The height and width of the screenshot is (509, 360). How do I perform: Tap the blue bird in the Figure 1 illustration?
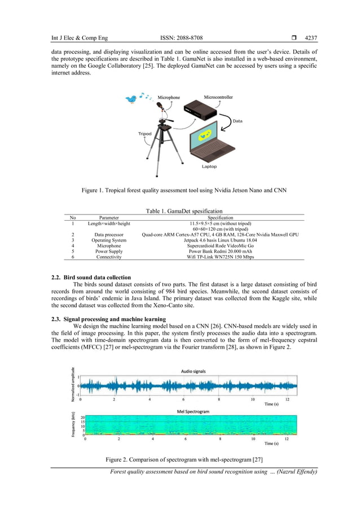click(x=131, y=99)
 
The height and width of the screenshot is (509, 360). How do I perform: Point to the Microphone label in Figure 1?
click(x=168, y=98)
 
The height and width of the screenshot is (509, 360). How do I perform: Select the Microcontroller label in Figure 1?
click(x=218, y=98)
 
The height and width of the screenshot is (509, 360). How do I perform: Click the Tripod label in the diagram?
click(x=145, y=134)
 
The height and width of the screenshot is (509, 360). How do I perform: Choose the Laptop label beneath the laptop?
click(x=209, y=166)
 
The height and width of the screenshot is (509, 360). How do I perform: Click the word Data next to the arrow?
click(x=238, y=121)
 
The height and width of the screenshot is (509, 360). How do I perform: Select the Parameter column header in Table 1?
click(x=109, y=217)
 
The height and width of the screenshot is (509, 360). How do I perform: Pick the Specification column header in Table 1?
click(x=220, y=217)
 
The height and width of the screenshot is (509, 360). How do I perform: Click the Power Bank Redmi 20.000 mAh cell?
click(x=220, y=251)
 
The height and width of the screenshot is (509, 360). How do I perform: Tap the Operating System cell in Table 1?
click(x=109, y=240)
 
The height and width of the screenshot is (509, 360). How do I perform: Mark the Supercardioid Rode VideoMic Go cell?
click(x=220, y=245)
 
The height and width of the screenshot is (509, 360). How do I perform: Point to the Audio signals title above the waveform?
click(x=194, y=371)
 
